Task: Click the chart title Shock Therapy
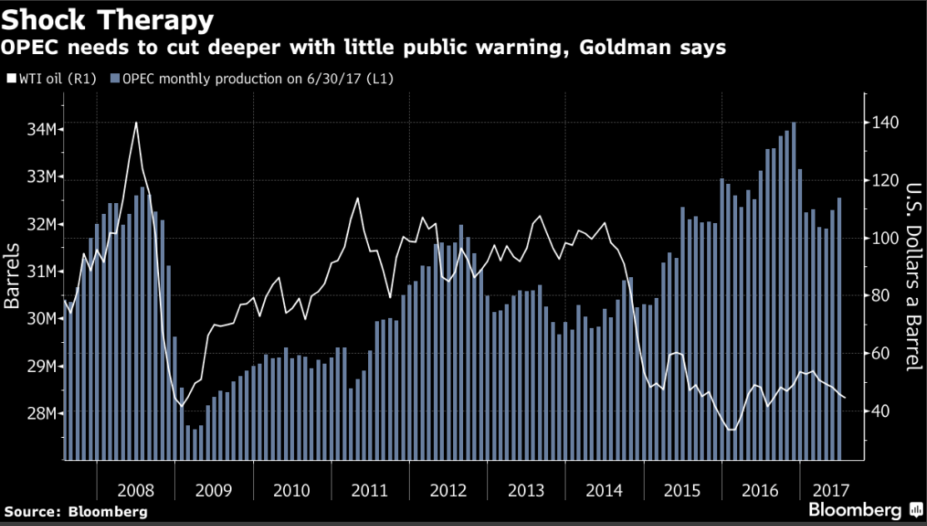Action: click(107, 17)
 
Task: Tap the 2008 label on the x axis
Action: click(137, 490)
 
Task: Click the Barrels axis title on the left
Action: click(12, 275)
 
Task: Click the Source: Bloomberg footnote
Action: click(76, 511)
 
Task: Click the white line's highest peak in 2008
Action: click(136, 123)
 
